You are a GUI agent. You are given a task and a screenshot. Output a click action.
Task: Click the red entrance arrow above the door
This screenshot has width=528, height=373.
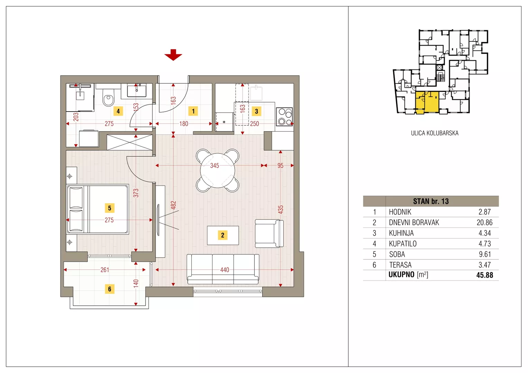click(x=173, y=55)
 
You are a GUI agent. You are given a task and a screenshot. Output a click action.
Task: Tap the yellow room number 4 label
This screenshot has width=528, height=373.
click(x=118, y=111)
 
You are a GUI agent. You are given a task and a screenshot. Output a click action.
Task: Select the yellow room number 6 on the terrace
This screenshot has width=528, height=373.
click(x=110, y=289)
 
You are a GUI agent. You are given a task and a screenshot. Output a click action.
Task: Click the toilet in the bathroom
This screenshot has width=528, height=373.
click(x=109, y=97)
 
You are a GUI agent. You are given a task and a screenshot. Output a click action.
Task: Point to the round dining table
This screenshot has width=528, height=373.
click(x=217, y=170)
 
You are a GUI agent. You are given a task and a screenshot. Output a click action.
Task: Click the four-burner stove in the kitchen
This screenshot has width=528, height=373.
click(x=284, y=117)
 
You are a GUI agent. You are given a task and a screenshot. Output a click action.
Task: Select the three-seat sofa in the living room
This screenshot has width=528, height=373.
click(x=223, y=269)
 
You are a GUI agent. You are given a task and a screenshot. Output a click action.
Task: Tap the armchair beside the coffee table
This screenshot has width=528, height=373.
click(x=269, y=233)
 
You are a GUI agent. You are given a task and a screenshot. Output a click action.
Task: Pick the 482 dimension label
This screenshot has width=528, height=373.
click(x=173, y=205)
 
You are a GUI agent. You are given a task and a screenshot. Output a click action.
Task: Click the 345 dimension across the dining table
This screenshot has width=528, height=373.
click(x=215, y=166)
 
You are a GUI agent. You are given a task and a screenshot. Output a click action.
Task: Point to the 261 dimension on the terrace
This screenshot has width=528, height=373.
click(x=105, y=270)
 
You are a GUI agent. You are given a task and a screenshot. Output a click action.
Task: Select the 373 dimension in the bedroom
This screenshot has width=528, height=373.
click(x=136, y=193)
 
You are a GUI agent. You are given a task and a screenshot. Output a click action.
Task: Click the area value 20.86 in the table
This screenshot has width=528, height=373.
click(x=484, y=222)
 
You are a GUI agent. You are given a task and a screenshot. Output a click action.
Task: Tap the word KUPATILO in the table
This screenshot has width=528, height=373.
click(x=403, y=243)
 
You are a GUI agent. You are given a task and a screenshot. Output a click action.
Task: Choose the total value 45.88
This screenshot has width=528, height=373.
click(x=484, y=275)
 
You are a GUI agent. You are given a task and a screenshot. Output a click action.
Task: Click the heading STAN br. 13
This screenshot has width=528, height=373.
click(x=431, y=201)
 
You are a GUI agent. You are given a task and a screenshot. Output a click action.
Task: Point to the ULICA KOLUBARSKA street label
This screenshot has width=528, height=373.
click(x=435, y=133)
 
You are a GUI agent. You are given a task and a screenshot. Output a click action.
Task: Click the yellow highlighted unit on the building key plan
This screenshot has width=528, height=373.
click(x=427, y=102)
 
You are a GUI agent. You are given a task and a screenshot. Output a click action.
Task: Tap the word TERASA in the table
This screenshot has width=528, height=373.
click(x=400, y=265)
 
